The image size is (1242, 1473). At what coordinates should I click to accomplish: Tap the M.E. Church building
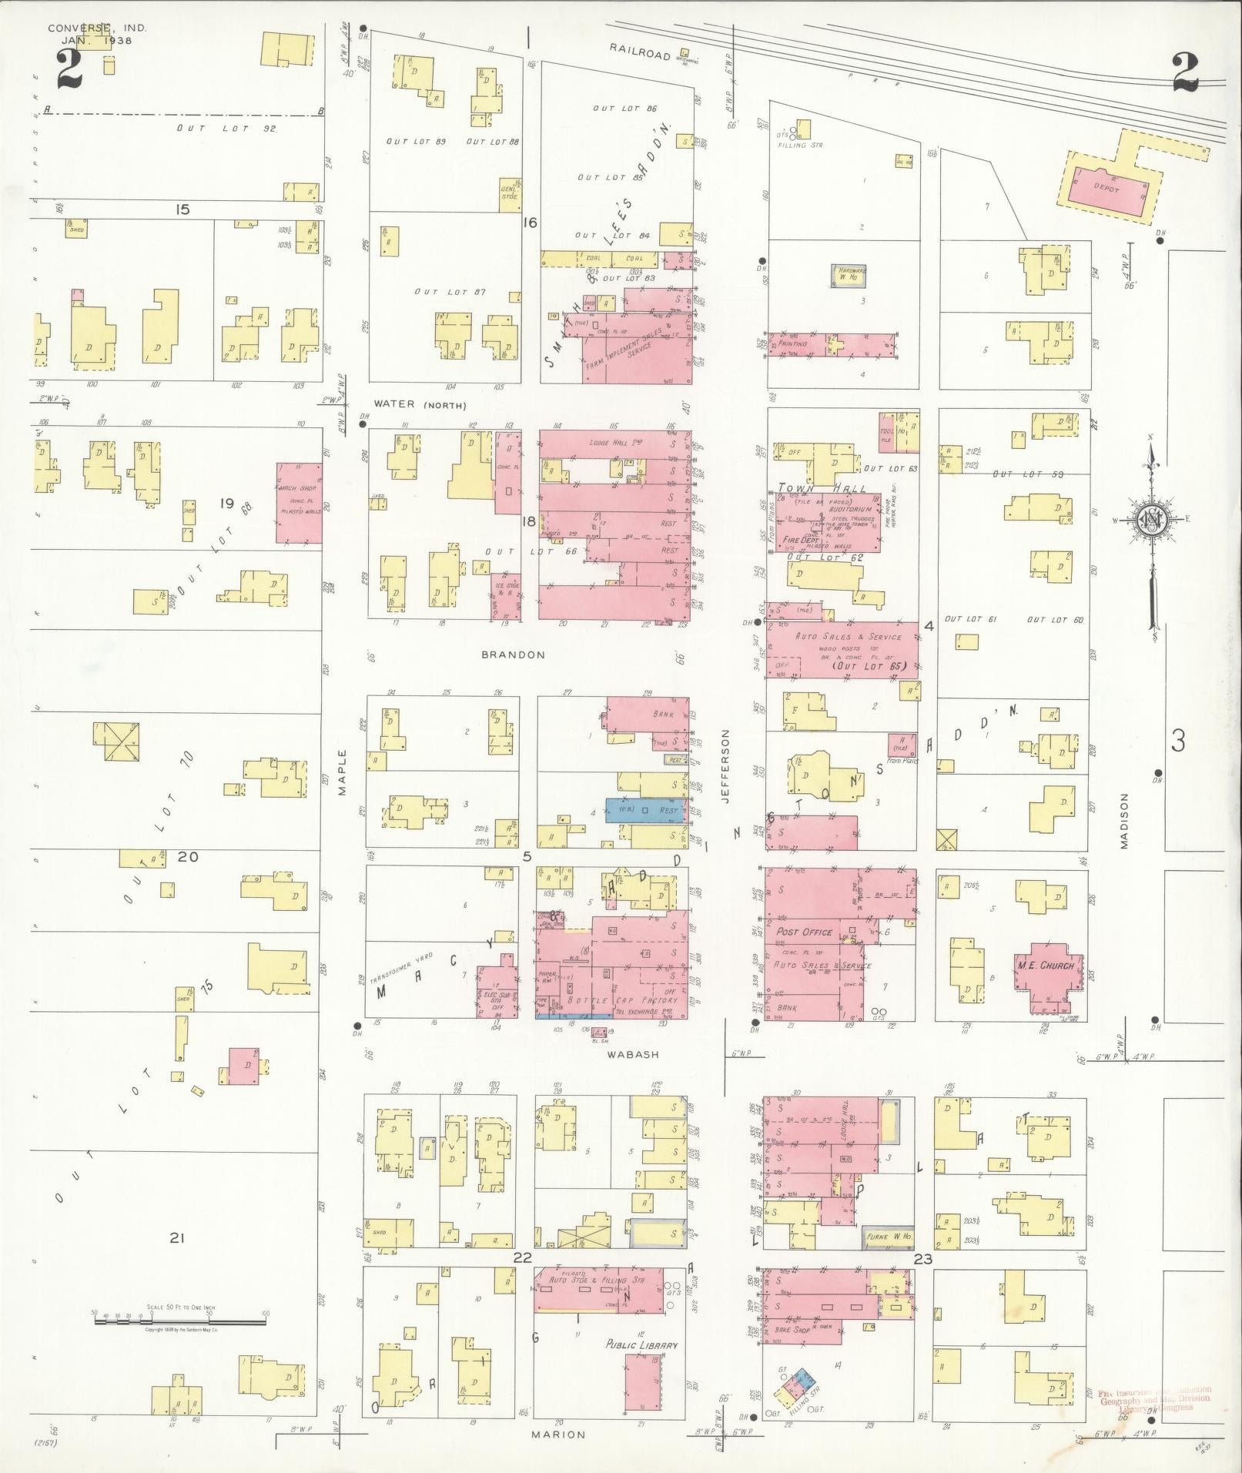coord(1046,967)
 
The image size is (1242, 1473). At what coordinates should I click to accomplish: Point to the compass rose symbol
coord(1152,522)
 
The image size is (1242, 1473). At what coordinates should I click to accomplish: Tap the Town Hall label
coord(822,488)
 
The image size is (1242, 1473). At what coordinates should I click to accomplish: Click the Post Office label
coord(804,932)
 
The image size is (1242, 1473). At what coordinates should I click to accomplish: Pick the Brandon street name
coord(513,654)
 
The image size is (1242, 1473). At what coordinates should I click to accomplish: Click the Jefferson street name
coord(726,766)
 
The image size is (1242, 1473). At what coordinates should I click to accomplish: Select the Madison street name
coord(1123,821)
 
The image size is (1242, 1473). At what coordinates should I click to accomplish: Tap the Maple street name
coord(342,773)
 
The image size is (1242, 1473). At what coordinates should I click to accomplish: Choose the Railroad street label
coord(640,49)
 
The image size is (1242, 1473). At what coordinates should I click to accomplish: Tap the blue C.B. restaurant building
coord(644,810)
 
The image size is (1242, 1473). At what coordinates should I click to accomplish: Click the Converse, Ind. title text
coord(96,28)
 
